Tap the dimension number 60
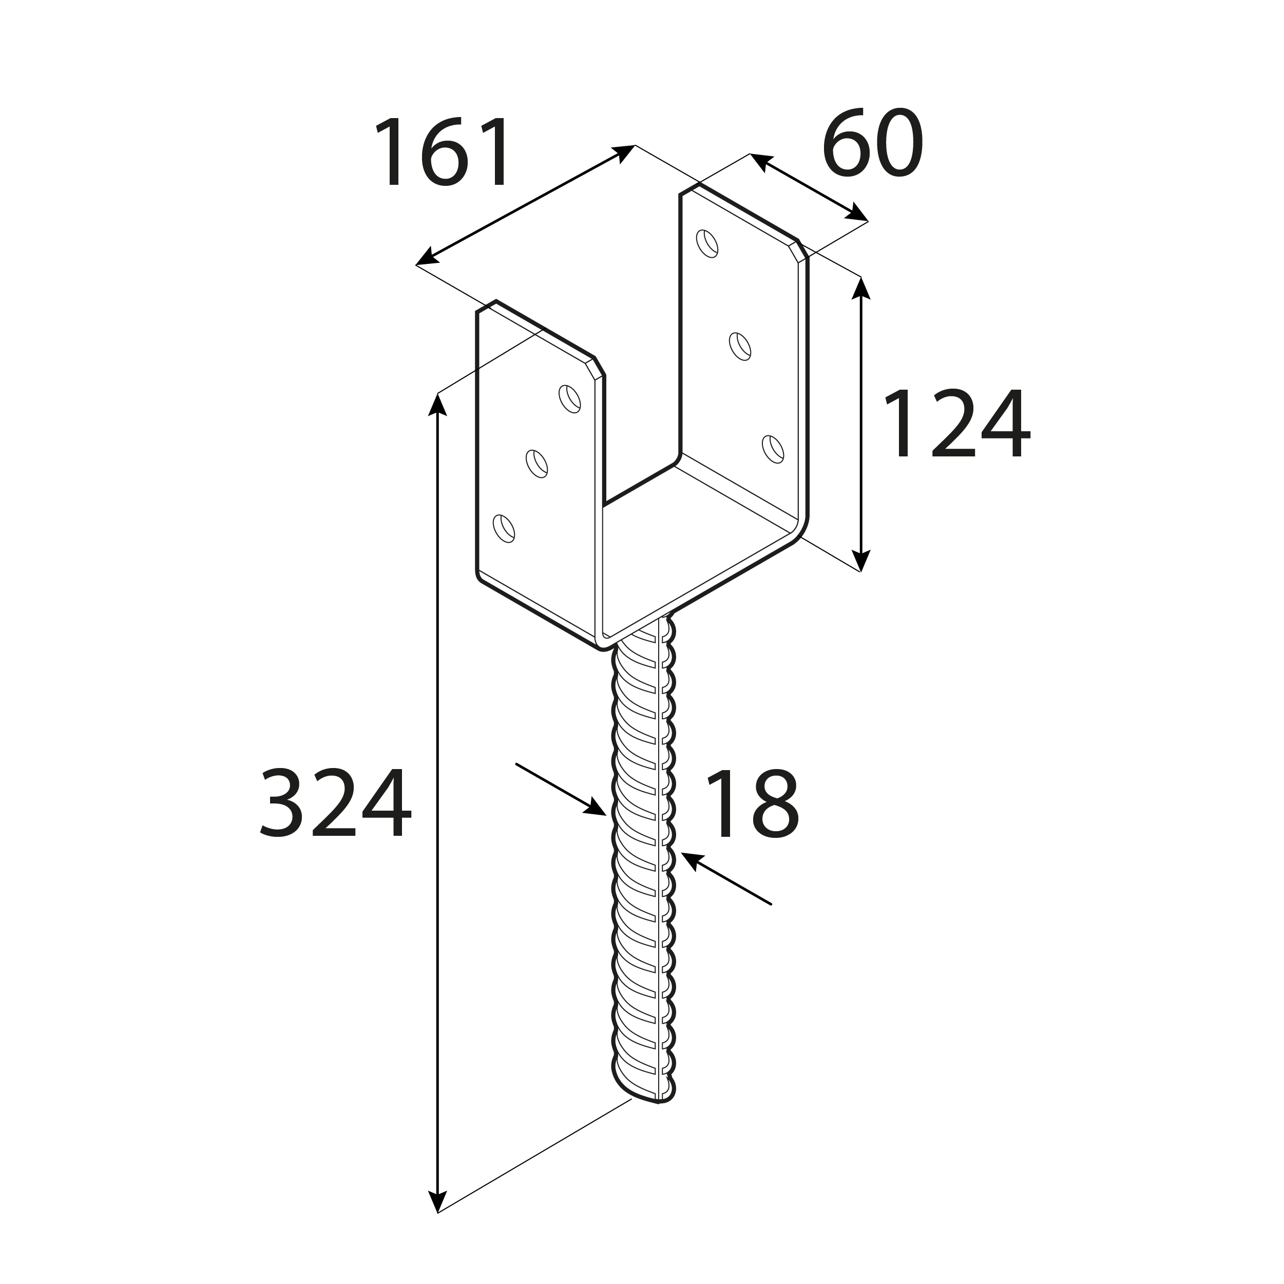click(x=873, y=142)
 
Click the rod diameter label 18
click(x=752, y=803)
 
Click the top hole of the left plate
click(x=569, y=399)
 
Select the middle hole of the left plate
click(x=537, y=464)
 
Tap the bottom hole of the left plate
click(x=504, y=528)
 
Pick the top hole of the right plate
click(x=707, y=243)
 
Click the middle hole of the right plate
click(x=740, y=346)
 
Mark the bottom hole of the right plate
click(x=773, y=449)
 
